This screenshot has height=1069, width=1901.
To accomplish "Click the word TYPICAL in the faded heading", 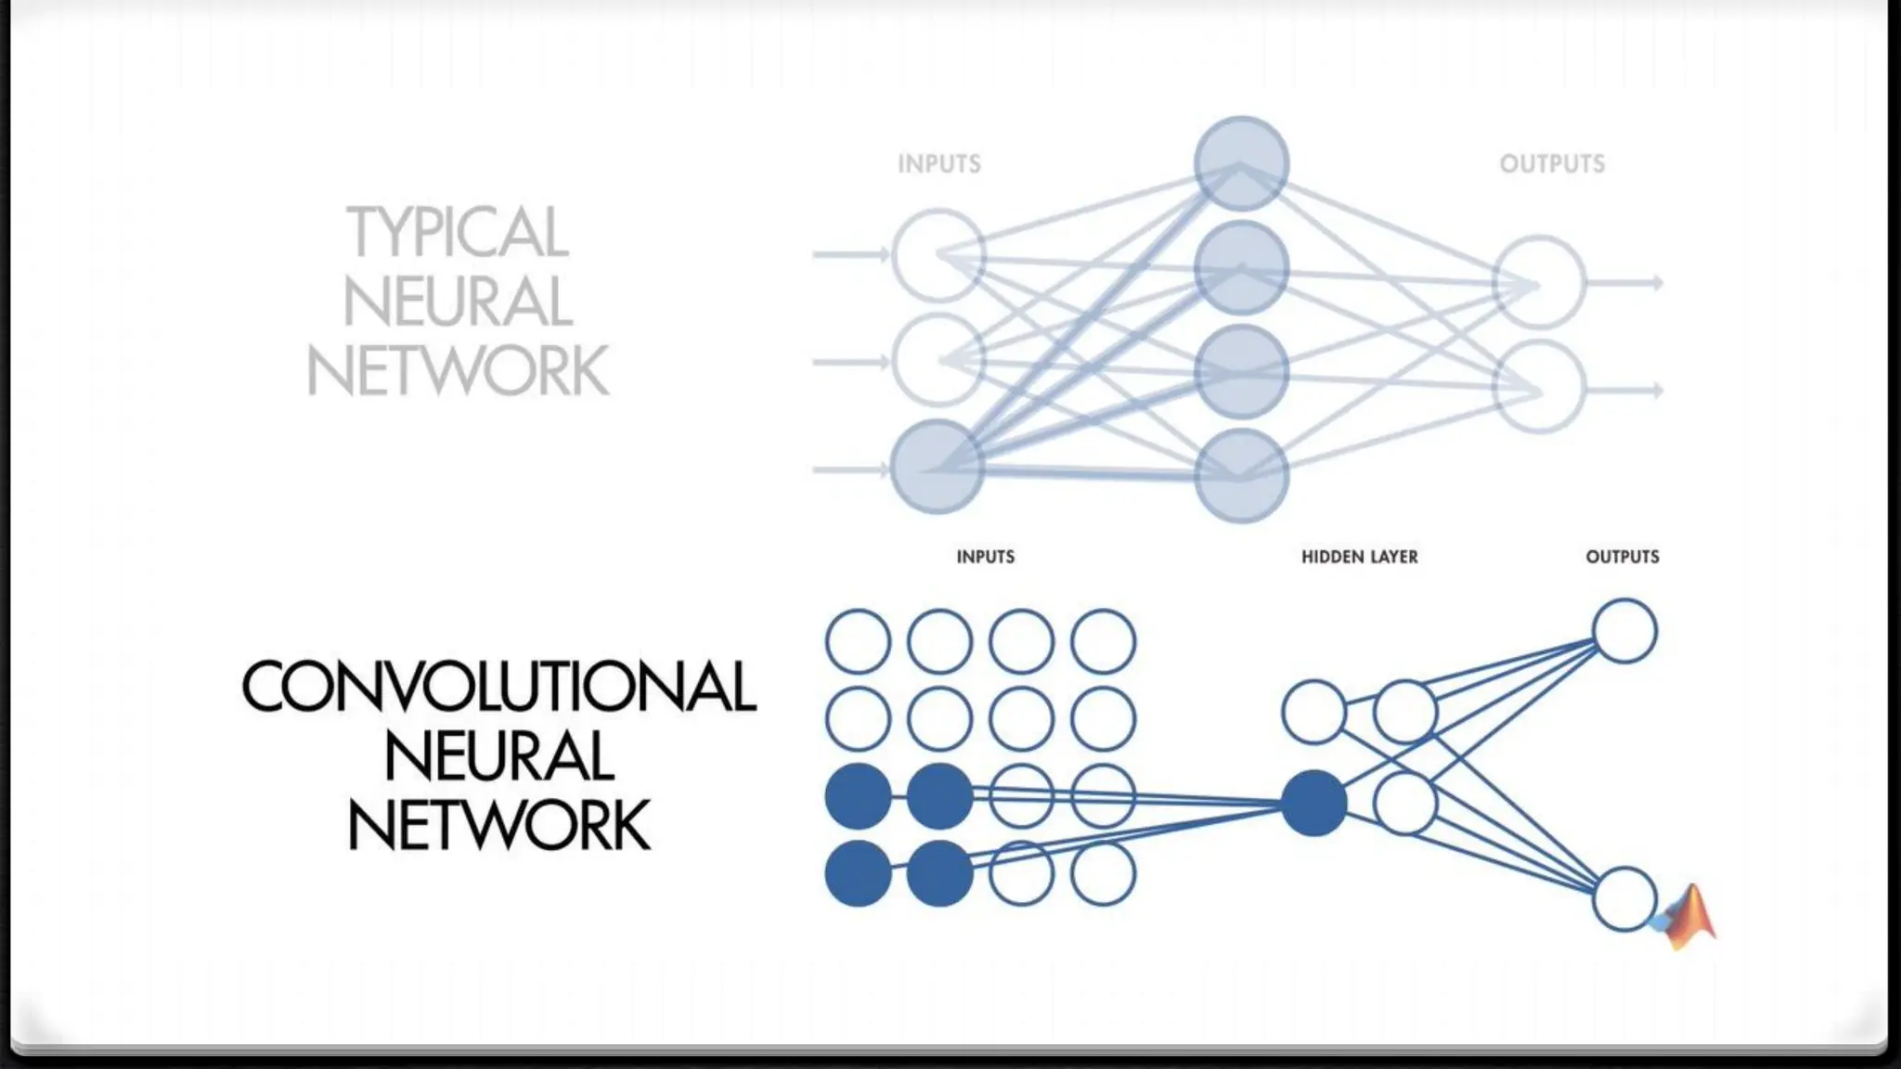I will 457,232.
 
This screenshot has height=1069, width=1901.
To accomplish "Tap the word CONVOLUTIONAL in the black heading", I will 498,688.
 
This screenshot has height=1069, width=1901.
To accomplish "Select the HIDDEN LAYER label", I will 1359,557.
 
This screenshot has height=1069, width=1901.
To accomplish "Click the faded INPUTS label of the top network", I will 938,164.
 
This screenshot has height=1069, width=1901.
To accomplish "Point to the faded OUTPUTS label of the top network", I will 1552,164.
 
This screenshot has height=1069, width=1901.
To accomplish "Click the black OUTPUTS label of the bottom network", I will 1622,557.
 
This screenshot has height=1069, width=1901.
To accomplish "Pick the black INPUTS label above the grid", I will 985,557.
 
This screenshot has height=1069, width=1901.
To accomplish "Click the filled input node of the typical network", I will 937,467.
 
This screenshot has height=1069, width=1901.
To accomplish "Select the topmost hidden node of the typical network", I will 1241,163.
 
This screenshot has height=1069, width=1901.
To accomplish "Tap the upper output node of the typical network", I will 1539,282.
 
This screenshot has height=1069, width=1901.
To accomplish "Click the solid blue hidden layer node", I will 1313,803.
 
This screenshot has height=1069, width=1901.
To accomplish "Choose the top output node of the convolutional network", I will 1624,631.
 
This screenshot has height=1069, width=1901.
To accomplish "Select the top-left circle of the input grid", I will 858,641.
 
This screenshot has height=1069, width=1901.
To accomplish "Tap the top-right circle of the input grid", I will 1103,641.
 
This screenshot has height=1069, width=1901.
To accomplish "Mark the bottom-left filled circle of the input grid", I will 858,873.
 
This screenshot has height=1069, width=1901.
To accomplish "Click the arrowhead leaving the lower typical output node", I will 1656,391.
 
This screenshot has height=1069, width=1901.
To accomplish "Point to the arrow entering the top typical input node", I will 849,254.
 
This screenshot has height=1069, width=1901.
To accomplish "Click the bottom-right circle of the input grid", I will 1103,873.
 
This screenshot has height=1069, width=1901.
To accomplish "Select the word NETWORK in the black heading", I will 498,827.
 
